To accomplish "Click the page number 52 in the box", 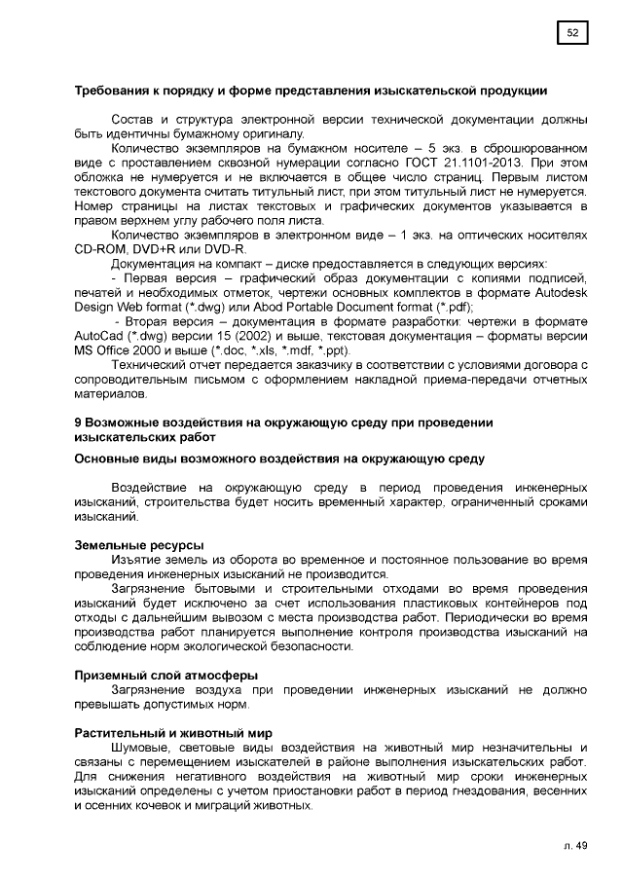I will pyautogui.click(x=573, y=34).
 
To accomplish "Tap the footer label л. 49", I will pyautogui.click(x=575, y=846).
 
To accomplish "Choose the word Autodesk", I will pyautogui.click(x=560, y=294).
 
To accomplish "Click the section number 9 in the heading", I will pyautogui.click(x=79, y=423).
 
